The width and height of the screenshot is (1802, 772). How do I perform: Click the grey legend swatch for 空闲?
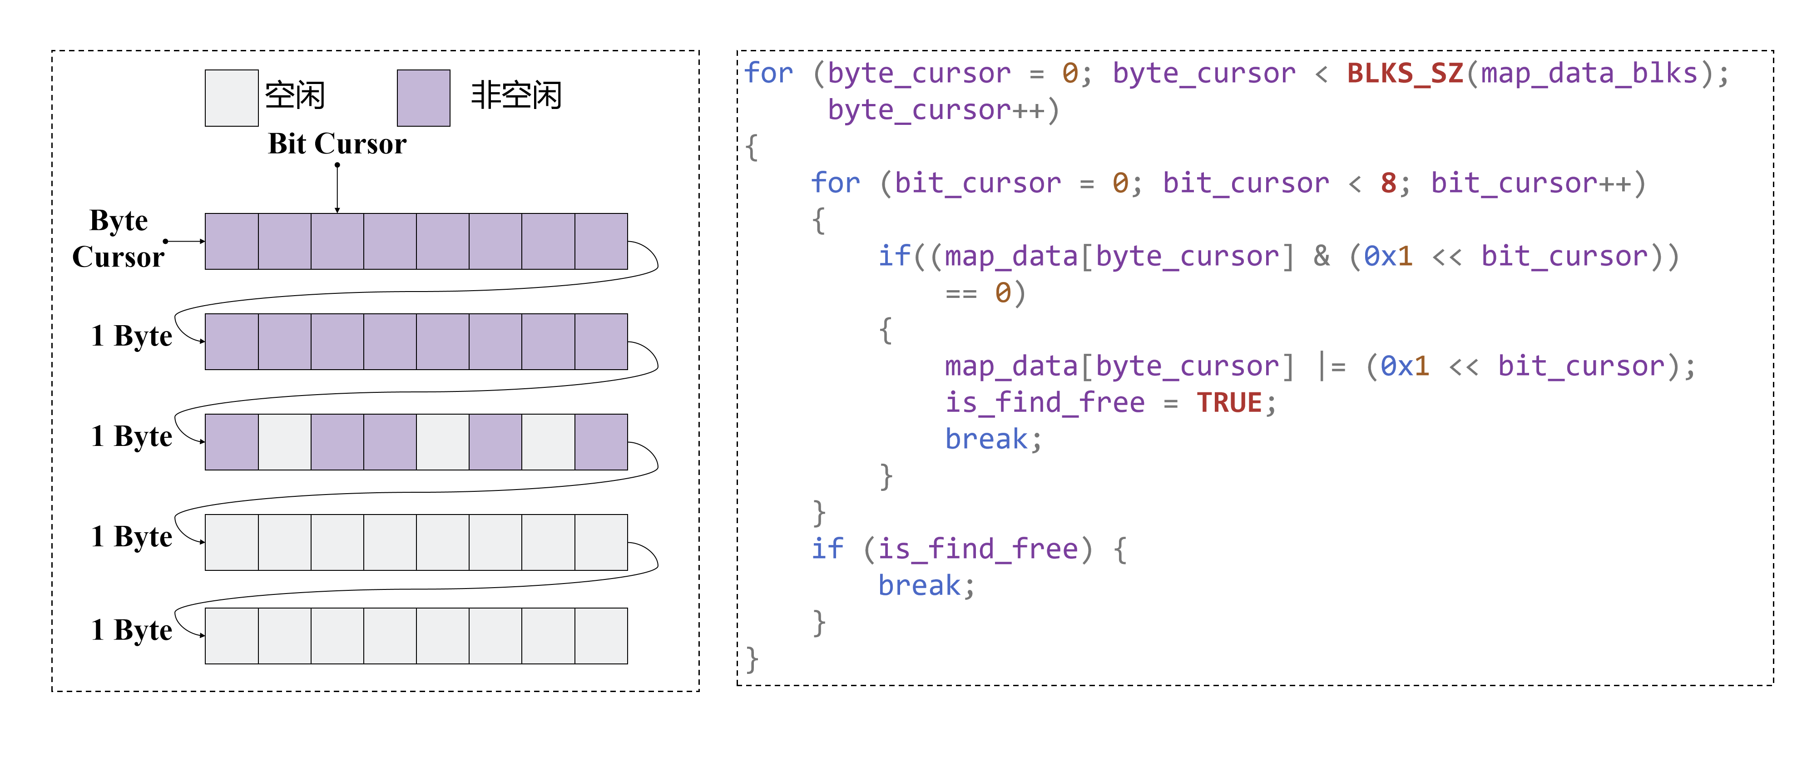click(232, 98)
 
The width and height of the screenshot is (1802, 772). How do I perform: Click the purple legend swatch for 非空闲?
click(423, 98)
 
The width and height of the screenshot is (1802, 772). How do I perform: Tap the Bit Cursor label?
click(337, 144)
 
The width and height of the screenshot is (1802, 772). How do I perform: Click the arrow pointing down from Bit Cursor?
click(337, 189)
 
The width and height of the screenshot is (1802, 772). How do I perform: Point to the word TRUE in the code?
click(1228, 403)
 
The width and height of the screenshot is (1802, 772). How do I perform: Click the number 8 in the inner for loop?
click(1389, 183)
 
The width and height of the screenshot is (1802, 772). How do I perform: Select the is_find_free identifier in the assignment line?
click(1045, 403)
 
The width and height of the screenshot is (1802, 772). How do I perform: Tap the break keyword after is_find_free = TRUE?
click(986, 439)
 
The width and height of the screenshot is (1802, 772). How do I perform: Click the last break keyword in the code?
click(919, 585)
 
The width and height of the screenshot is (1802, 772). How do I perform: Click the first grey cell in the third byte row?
click(285, 442)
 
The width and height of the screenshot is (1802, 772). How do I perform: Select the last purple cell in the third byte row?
click(601, 442)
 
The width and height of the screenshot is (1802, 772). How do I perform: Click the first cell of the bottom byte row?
click(232, 636)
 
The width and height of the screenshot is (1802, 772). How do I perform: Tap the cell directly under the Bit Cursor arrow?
click(337, 241)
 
